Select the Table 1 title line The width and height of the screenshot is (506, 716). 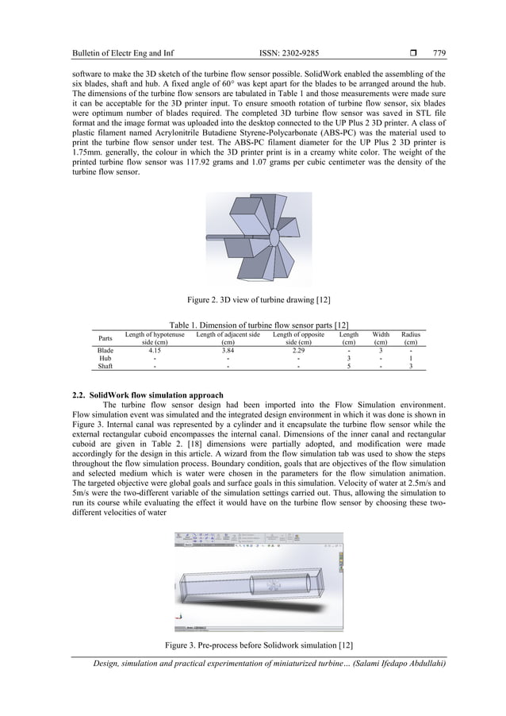[252, 325]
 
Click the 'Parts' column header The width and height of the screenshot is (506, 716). [105, 338]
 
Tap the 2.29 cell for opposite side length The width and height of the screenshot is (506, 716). [297, 349]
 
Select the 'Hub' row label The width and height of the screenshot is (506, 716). [105, 358]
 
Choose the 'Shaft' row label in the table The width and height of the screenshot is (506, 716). [105, 366]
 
